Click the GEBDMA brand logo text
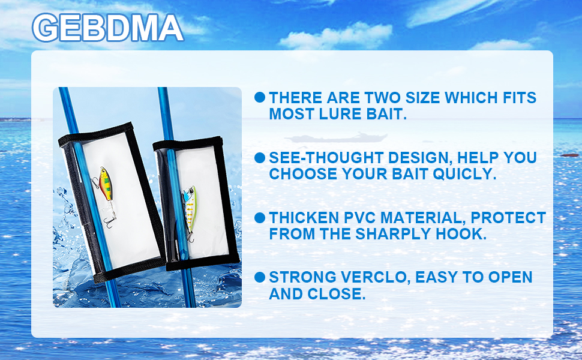pos(107,28)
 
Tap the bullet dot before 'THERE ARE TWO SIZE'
pos(260,98)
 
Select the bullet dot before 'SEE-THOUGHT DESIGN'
pos(260,158)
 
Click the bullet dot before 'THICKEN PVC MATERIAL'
pos(260,218)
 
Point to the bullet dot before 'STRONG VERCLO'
pos(260,277)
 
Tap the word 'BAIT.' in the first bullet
pos(386,114)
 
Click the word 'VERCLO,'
pos(376,277)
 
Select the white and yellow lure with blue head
pos(189,206)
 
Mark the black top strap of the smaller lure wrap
pos(188,143)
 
